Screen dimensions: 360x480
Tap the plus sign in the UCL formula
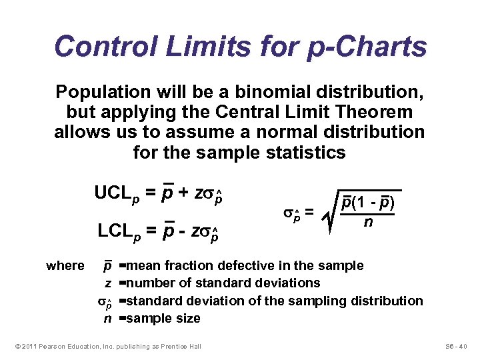coord(181,193)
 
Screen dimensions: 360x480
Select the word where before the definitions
coord(65,266)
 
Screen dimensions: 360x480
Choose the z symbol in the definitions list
coord(107,283)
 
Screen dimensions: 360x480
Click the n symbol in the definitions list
coord(107,318)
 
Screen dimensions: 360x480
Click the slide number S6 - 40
coord(457,347)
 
